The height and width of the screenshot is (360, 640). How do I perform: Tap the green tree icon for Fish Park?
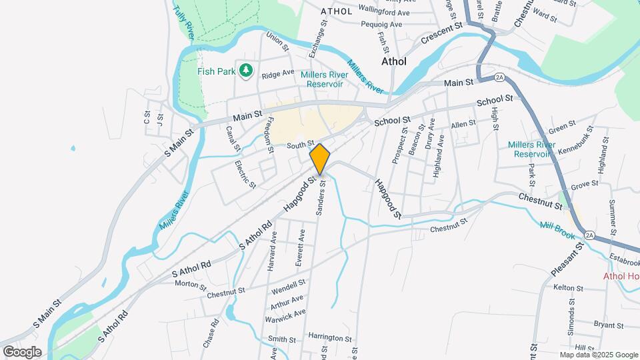pyautogui.click(x=246, y=70)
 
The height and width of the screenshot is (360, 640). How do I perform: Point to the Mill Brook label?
pyautogui.click(x=557, y=228)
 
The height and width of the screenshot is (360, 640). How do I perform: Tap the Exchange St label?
pyautogui.click(x=319, y=36)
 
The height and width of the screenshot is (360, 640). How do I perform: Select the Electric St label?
pyautogui.click(x=244, y=173)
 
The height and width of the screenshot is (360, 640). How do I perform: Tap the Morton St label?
pyautogui.click(x=190, y=285)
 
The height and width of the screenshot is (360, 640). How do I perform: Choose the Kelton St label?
pyautogui.click(x=568, y=288)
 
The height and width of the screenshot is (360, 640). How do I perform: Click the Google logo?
pyautogui.click(x=22, y=352)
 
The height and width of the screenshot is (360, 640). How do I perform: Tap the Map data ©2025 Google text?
pyautogui.click(x=598, y=355)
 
